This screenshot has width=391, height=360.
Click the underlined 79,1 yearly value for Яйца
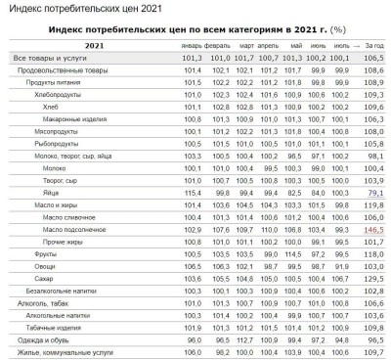tap(372, 192)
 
